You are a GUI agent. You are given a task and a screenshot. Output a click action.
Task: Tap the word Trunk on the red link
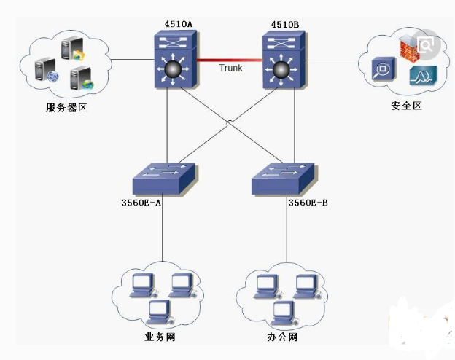point(230,68)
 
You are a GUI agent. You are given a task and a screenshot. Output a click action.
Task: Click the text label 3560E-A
point(141,202)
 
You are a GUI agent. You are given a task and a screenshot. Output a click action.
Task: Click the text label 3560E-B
point(308,202)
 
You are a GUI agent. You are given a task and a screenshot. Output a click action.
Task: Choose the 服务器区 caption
point(66,109)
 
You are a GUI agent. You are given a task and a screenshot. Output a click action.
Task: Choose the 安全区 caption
point(406,106)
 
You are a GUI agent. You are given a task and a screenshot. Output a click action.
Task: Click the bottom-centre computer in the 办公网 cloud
point(284,312)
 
